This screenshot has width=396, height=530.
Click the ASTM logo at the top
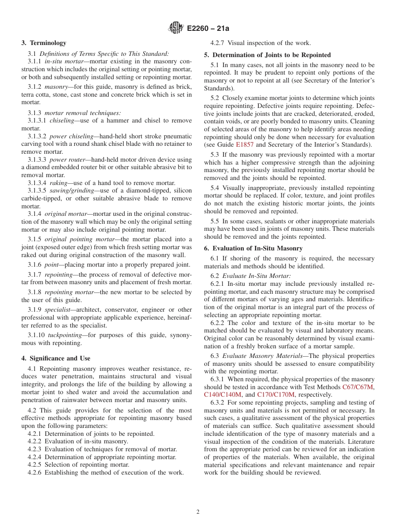[x=175, y=28]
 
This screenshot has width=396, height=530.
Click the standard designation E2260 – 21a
[x=208, y=29]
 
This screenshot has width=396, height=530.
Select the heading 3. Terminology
[x=44, y=43]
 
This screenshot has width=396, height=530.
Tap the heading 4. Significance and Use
[x=56, y=358]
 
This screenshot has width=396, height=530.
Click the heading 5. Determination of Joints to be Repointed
[x=267, y=55]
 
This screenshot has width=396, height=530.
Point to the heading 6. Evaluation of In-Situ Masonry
[x=253, y=248]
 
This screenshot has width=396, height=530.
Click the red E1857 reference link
[x=244, y=145]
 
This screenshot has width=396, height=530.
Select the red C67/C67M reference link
[x=358, y=387]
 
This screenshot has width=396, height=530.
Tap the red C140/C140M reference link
[x=223, y=395]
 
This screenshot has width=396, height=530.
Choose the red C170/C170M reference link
[x=276, y=395]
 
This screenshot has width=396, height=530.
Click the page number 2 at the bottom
[x=198, y=512]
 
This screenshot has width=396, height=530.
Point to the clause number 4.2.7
[x=218, y=43]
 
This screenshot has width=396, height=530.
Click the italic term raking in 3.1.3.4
[x=59, y=183]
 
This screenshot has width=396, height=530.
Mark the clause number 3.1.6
[x=35, y=265]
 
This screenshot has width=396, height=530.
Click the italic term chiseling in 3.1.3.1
[x=63, y=120]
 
